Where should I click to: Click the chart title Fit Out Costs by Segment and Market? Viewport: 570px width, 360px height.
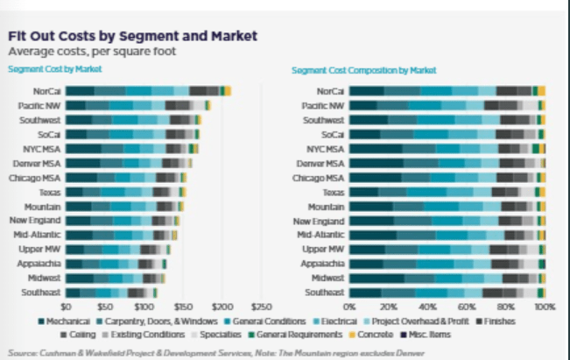click(132, 36)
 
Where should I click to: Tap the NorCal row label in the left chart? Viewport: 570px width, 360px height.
click(46, 91)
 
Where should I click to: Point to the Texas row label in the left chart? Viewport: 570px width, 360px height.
click(49, 191)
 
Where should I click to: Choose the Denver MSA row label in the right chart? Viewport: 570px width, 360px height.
click(322, 164)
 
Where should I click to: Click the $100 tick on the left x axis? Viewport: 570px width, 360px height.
click(144, 307)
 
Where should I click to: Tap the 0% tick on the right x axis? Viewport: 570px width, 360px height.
click(349, 307)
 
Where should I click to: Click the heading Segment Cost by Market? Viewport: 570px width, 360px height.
click(54, 68)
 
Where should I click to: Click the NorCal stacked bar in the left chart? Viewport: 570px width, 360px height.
click(148, 91)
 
